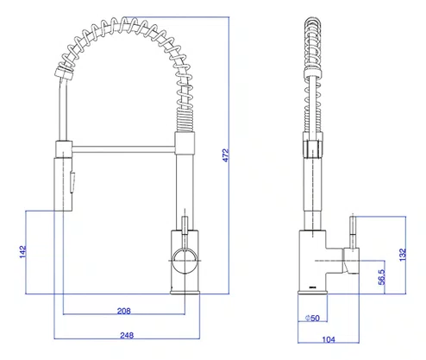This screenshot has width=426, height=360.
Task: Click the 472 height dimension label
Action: point(226,155)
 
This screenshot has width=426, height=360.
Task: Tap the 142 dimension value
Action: point(22,252)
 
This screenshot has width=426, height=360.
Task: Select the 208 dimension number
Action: point(124,311)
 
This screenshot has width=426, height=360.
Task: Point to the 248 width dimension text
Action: point(127,335)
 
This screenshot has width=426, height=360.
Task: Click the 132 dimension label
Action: point(403,255)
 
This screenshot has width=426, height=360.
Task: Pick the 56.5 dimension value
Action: point(381,277)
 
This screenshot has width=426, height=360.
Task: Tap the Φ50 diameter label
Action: point(312,318)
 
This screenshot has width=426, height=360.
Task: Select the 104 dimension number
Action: point(329,339)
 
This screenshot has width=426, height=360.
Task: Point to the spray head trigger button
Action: point(72,182)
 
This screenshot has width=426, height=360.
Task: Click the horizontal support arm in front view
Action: point(123,148)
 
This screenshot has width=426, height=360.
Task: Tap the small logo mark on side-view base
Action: point(312,287)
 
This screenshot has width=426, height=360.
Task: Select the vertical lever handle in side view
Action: point(354,231)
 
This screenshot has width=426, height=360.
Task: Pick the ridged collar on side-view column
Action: point(312,148)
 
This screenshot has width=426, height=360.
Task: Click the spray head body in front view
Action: point(63,184)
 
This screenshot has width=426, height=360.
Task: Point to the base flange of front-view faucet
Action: point(185,293)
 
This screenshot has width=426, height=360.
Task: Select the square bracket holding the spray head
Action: point(64,149)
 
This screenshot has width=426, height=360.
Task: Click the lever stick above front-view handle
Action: point(185,225)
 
